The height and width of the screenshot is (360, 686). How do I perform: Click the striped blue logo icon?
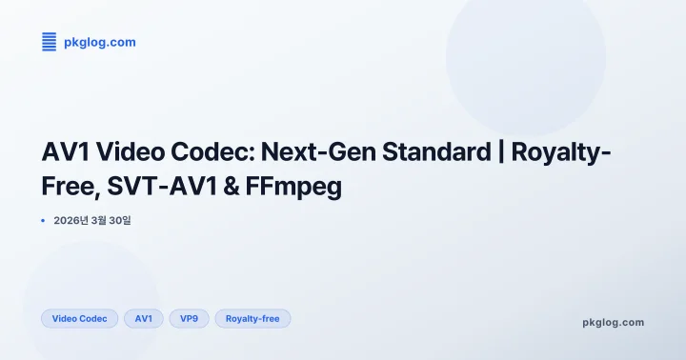pyautogui.click(x=50, y=41)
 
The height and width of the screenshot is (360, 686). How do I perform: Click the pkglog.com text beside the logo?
pyautogui.click(x=99, y=42)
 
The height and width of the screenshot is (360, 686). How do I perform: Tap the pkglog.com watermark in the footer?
pyautogui.click(x=613, y=322)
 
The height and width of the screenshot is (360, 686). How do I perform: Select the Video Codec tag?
pyautogui.click(x=79, y=319)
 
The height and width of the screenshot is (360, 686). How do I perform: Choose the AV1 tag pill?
pyautogui.click(x=144, y=319)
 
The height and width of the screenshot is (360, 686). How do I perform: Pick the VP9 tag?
pyautogui.click(x=189, y=319)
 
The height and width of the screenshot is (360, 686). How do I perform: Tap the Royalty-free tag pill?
pyautogui.click(x=252, y=319)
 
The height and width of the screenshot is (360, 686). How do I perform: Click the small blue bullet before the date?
pyautogui.click(x=43, y=220)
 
